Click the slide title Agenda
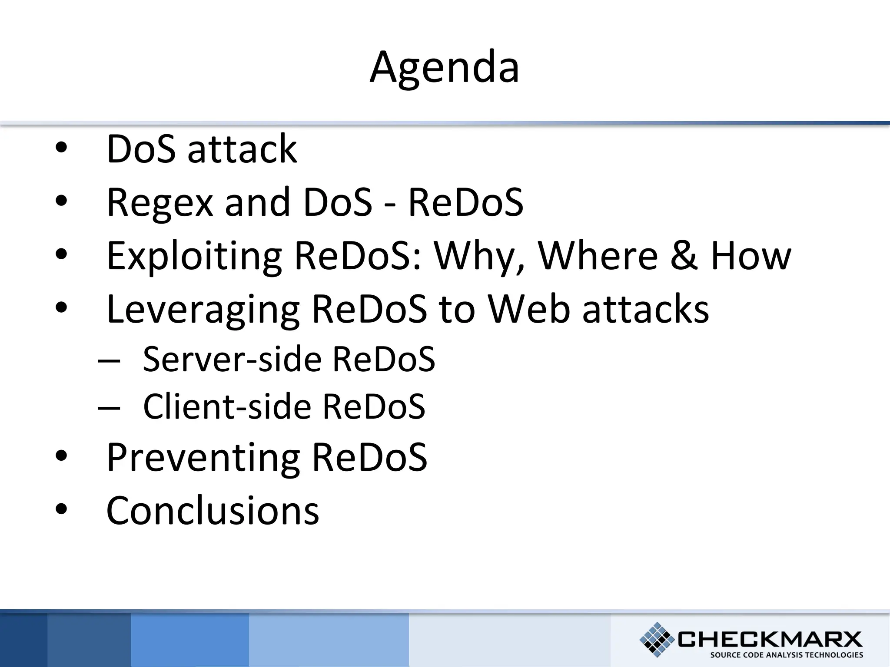444,67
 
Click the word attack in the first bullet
242,149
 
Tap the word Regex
159,203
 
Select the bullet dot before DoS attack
62,148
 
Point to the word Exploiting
194,256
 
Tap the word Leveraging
203,309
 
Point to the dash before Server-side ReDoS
109,360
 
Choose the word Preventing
203,458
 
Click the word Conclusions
213,511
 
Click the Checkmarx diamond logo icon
657,639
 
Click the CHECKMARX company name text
769,639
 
